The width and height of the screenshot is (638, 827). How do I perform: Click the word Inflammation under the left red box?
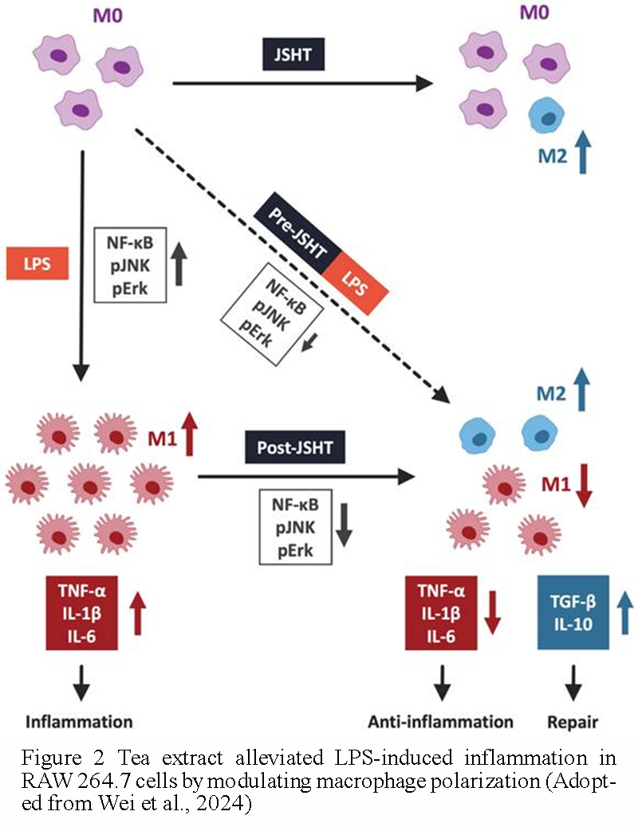tap(79, 722)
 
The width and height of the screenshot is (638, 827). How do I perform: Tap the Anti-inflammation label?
tap(440, 722)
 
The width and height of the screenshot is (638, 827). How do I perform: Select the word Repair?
tap(573, 722)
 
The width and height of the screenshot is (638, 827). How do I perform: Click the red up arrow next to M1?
tap(189, 436)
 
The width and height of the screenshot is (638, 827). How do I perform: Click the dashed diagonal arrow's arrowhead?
tap(439, 393)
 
